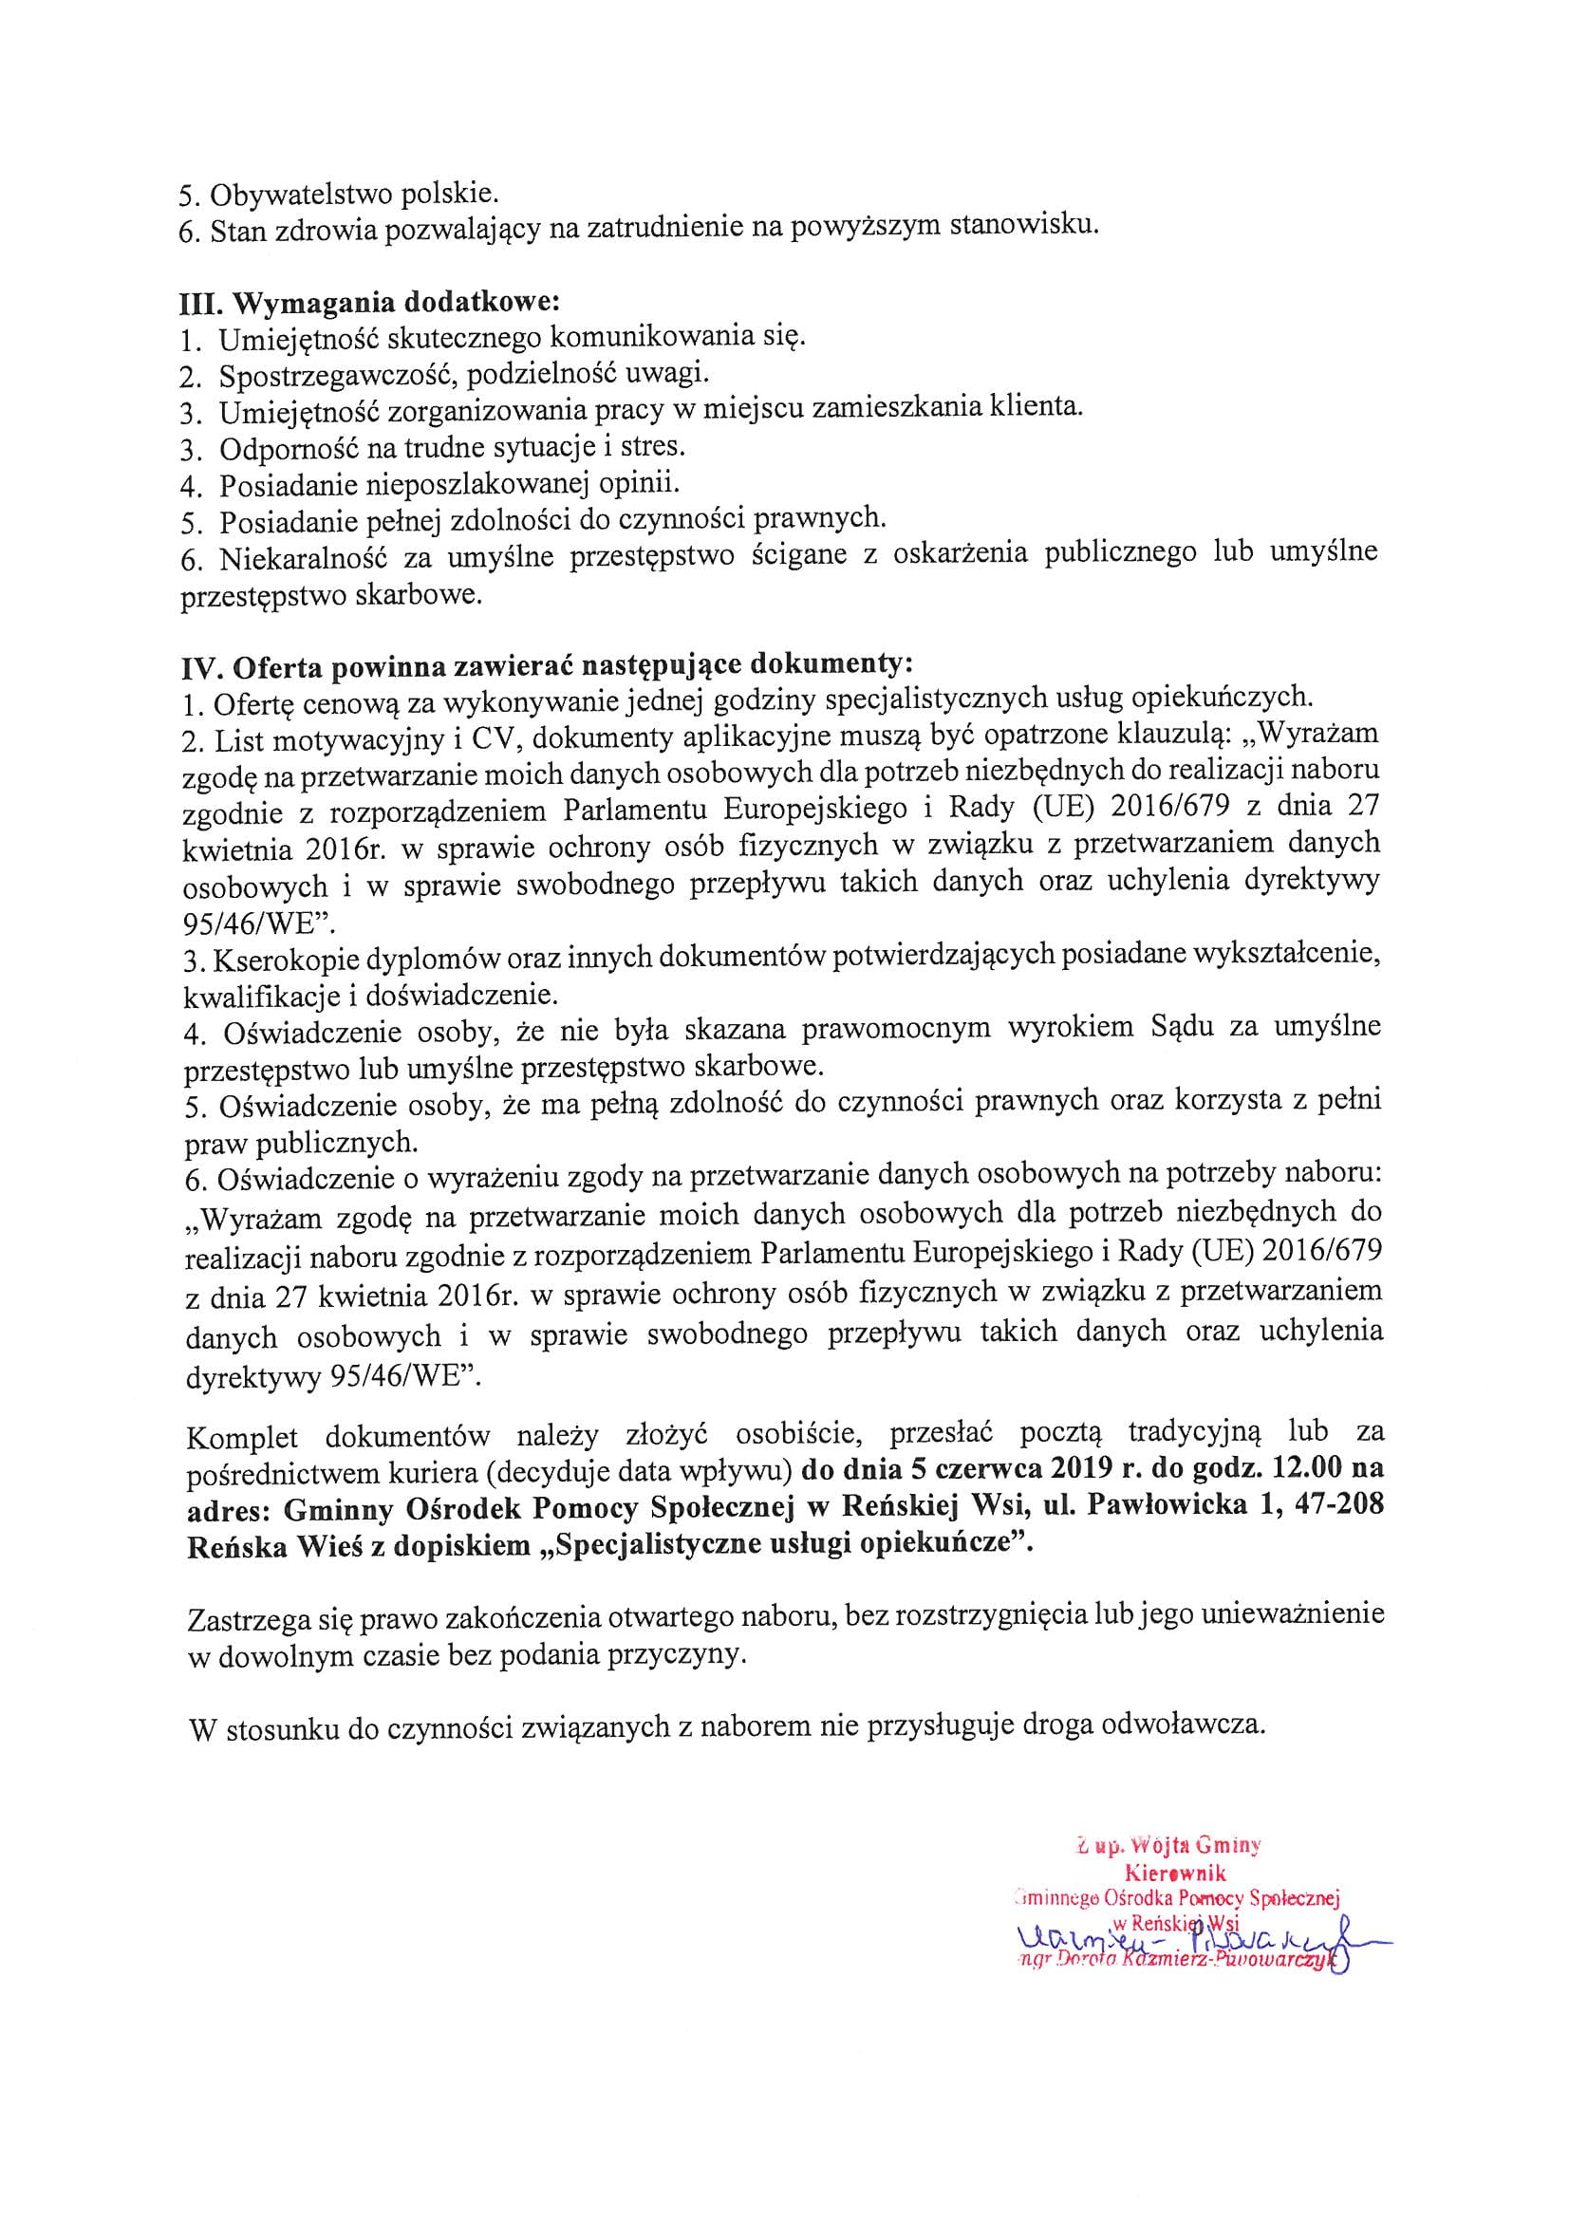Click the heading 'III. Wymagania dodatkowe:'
coord(369,301)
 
